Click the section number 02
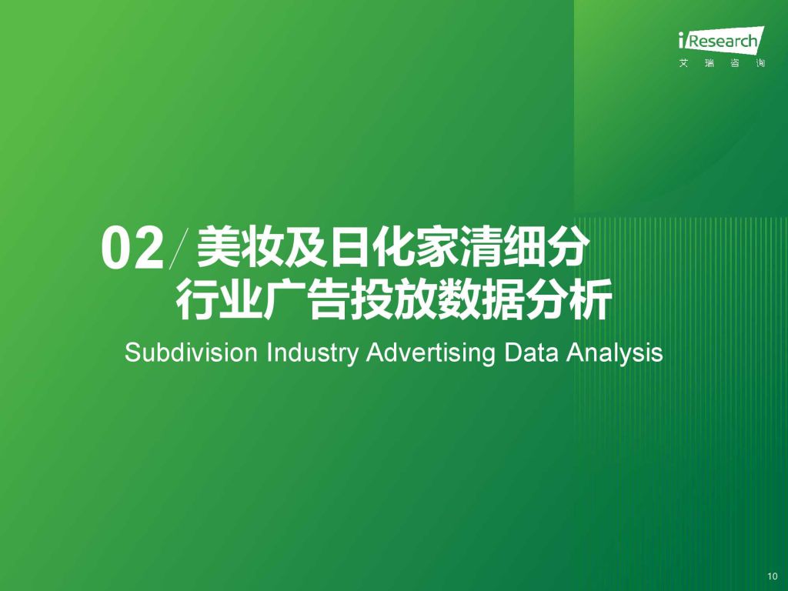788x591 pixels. [x=132, y=249]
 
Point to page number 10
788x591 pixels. [x=773, y=576]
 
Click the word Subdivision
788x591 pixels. [x=191, y=352]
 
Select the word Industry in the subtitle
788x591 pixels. [x=312, y=354]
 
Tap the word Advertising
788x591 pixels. [x=431, y=354]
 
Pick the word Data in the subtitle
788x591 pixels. [x=531, y=352]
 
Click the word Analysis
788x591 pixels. [x=615, y=354]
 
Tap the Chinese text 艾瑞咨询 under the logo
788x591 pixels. [x=722, y=63]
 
